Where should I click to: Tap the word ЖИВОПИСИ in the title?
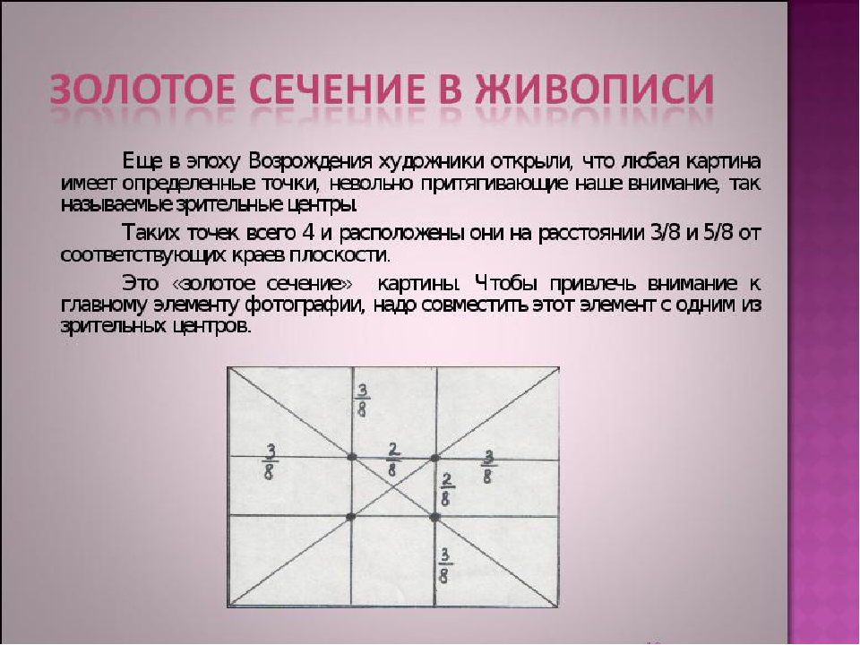pyautogui.click(x=595, y=89)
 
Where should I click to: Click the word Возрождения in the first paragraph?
pyautogui.click(x=311, y=163)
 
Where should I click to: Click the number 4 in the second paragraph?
pyautogui.click(x=308, y=233)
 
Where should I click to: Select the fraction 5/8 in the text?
pyautogui.click(x=718, y=233)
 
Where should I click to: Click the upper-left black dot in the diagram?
pyautogui.click(x=351, y=457)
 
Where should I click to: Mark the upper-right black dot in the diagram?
pyautogui.click(x=434, y=458)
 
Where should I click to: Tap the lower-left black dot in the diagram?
pyautogui.click(x=351, y=516)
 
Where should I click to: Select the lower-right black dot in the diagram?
pyautogui.click(x=435, y=517)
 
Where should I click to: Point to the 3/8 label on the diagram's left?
pyautogui.click(x=270, y=462)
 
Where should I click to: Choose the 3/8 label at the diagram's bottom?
pyautogui.click(x=444, y=566)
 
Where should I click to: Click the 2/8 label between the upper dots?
pyautogui.click(x=393, y=460)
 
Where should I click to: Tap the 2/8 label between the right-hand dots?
pyautogui.click(x=446, y=490)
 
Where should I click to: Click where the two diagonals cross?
pyautogui.click(x=393, y=487)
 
